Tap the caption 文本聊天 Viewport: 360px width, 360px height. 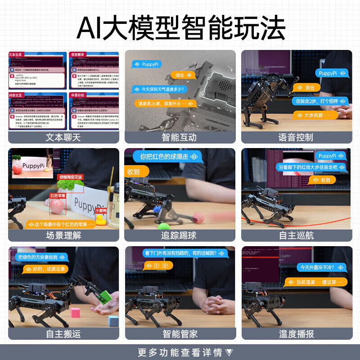click(63, 137)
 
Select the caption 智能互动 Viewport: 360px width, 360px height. click(180, 137)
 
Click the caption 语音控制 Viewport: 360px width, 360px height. click(296, 137)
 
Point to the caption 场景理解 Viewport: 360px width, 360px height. click(63, 235)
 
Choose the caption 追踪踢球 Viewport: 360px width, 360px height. click(180, 235)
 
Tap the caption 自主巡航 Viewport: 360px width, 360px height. click(296, 235)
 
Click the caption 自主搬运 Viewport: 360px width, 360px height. click(63, 333)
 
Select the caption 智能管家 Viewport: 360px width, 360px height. click(180, 333)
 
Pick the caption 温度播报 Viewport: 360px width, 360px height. click(296, 333)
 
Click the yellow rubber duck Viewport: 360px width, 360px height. click(101, 219)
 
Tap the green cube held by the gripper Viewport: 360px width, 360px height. click(105, 296)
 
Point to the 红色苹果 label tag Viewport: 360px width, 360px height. click(58, 196)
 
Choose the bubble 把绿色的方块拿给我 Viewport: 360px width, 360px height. click(41, 257)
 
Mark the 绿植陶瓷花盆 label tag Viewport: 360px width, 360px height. click(71, 177)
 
